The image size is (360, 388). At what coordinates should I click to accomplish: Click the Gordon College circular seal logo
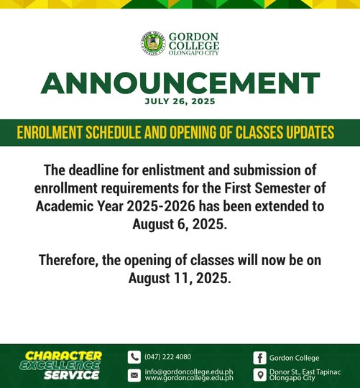153,43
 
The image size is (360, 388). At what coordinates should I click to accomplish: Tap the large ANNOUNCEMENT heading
180,83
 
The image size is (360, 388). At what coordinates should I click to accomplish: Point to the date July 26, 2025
180,101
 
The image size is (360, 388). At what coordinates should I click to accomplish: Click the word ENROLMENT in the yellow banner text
50,132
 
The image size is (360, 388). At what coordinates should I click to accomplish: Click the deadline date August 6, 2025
180,225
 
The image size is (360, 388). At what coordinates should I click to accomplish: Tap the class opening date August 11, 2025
180,278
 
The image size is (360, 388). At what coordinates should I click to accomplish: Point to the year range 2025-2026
161,206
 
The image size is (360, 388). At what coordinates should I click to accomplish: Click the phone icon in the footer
134,357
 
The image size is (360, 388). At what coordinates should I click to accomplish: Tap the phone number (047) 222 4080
168,357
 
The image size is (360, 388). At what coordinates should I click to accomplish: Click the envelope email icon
134,375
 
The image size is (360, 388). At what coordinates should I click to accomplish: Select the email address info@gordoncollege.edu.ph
189,372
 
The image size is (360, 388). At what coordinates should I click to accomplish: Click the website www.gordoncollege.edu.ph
189,378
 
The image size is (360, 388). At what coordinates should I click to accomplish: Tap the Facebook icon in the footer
260,358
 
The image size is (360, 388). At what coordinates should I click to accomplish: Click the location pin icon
260,375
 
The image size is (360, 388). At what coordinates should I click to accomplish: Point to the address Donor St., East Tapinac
305,372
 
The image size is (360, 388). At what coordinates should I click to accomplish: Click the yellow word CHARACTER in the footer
63,356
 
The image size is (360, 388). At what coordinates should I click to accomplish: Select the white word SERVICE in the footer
72,375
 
